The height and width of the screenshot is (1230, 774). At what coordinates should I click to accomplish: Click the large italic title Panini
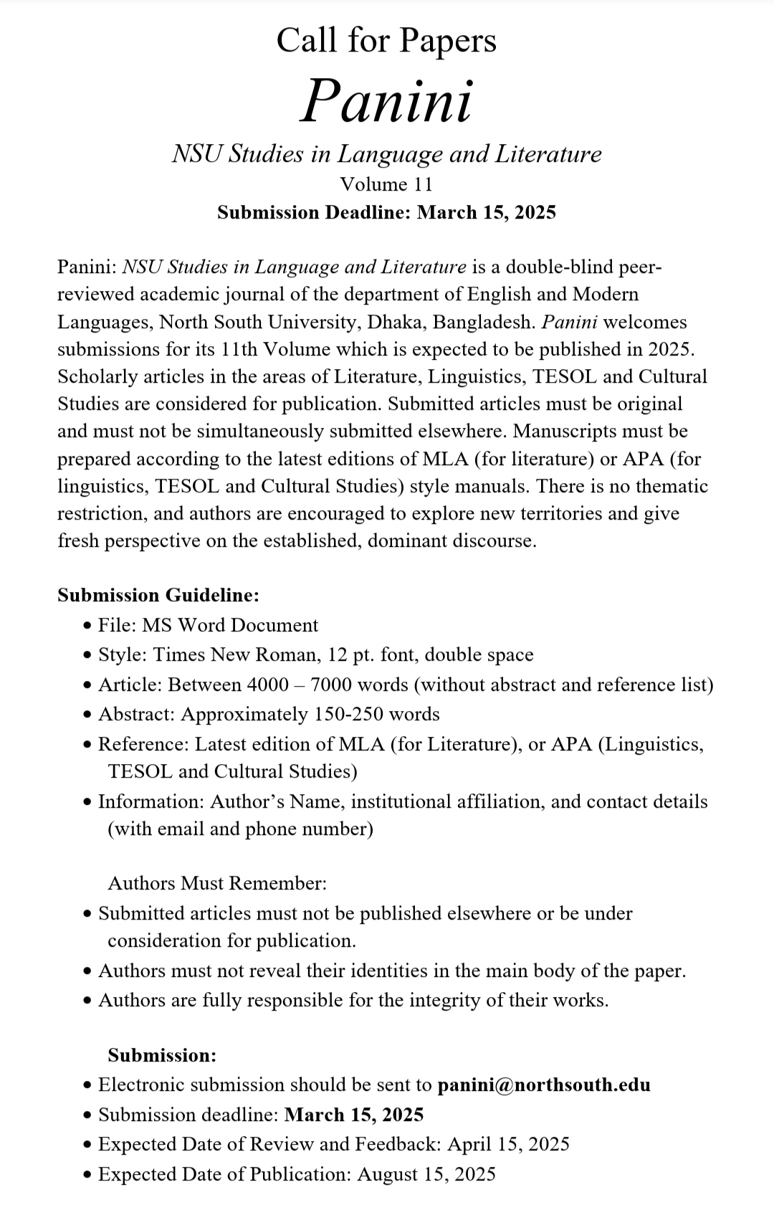pyautogui.click(x=386, y=100)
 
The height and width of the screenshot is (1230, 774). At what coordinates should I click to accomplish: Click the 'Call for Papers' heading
pyautogui.click(x=386, y=40)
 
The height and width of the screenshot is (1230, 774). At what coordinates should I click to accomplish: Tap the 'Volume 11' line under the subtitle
pyautogui.click(x=386, y=184)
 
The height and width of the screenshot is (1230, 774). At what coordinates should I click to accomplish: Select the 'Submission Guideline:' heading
pyautogui.click(x=158, y=595)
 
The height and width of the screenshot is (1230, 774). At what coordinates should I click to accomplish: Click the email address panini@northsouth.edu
pyautogui.click(x=544, y=1084)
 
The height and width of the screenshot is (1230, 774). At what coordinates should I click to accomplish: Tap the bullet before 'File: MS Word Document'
pyautogui.click(x=87, y=626)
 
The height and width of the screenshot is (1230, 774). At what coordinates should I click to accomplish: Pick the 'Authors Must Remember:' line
pyautogui.click(x=217, y=883)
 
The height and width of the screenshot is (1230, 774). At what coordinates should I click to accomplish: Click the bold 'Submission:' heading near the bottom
pyautogui.click(x=162, y=1055)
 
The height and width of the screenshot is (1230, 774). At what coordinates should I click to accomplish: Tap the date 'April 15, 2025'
pyautogui.click(x=508, y=1144)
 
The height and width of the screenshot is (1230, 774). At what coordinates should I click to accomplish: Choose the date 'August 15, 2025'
pyautogui.click(x=426, y=1174)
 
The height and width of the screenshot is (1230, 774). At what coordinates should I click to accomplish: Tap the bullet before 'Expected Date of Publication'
pyautogui.click(x=87, y=1175)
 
